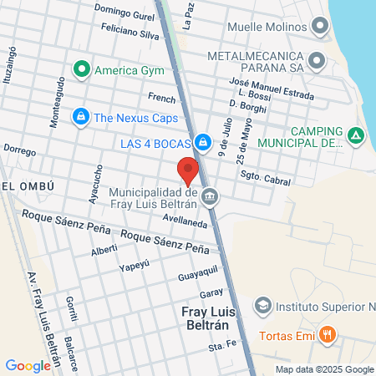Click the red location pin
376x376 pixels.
188,171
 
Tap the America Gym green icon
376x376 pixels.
82,69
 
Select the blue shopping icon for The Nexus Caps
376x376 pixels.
80,117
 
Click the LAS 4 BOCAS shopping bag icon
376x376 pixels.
203,143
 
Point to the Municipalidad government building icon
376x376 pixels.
209,199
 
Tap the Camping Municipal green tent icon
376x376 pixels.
356,135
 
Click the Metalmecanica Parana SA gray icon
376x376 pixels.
317,60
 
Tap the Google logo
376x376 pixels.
28,365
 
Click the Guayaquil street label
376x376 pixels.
197,272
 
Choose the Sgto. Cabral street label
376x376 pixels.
264,178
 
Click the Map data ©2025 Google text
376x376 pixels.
325,369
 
